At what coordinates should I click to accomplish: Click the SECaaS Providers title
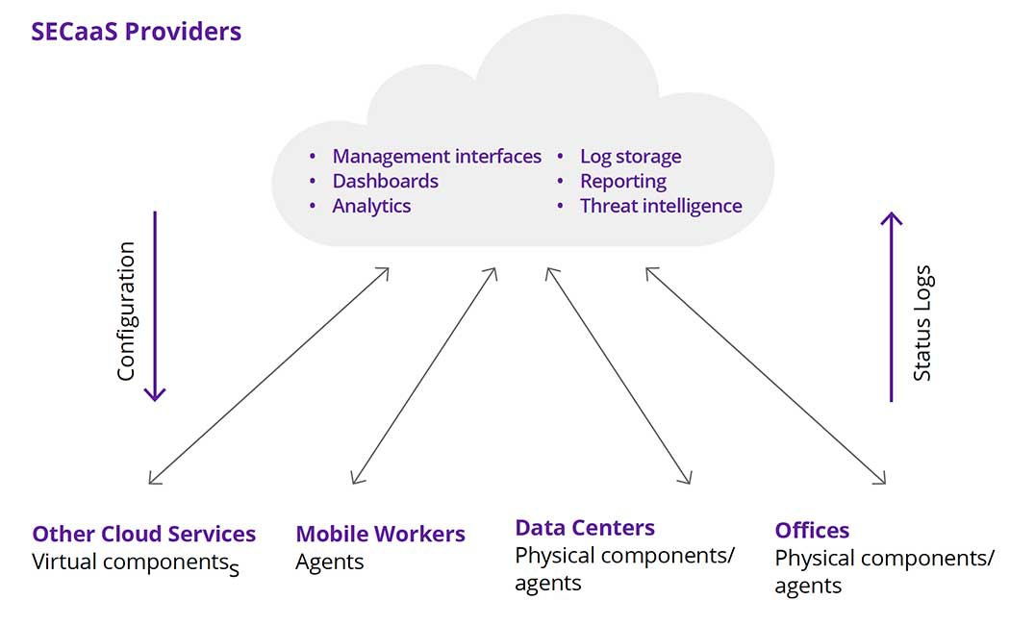coord(136,32)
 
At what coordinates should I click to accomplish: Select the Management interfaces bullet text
coord(437,156)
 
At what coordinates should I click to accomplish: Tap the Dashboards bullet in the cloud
coord(385,181)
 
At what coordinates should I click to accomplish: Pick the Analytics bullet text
coord(371,206)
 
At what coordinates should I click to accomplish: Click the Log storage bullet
coord(630,156)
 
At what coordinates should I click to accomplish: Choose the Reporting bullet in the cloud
coord(622,181)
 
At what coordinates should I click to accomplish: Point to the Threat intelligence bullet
coord(661,206)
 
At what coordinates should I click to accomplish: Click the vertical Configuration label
coord(126,312)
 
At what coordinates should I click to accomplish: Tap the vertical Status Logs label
coord(922,323)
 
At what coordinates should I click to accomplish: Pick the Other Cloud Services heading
coord(144,535)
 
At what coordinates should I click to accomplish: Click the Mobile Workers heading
coord(380,535)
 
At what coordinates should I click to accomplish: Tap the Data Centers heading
coord(585,528)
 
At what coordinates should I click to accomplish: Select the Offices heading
coord(812,531)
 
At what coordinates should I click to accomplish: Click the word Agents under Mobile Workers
coord(329,562)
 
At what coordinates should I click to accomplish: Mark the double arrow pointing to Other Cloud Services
coord(268,375)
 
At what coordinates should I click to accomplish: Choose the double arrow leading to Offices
coord(765,375)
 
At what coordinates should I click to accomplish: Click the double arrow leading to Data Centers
coord(618,375)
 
